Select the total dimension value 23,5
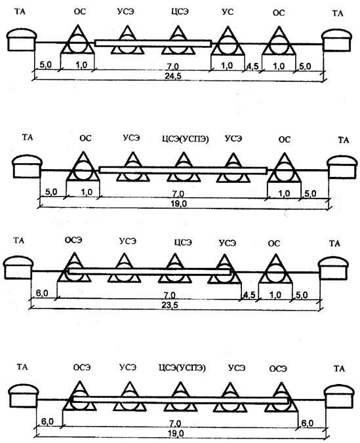click(x=170, y=305)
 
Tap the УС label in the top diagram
click(x=228, y=12)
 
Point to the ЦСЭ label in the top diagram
click(x=180, y=12)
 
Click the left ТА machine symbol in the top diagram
click(x=22, y=40)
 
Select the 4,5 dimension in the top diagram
click(x=252, y=67)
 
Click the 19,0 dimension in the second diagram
click(x=179, y=204)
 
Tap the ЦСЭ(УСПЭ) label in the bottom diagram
click(x=182, y=368)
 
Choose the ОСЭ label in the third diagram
click(x=73, y=240)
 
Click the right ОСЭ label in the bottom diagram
click(x=278, y=369)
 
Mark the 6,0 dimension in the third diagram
click(x=42, y=294)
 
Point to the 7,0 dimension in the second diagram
click(x=178, y=194)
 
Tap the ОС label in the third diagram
click(x=273, y=244)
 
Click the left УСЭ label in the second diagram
click(x=132, y=138)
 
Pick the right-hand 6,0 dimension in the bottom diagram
click(x=307, y=423)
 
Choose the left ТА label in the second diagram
click(x=28, y=138)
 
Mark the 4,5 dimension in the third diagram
click(x=249, y=296)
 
